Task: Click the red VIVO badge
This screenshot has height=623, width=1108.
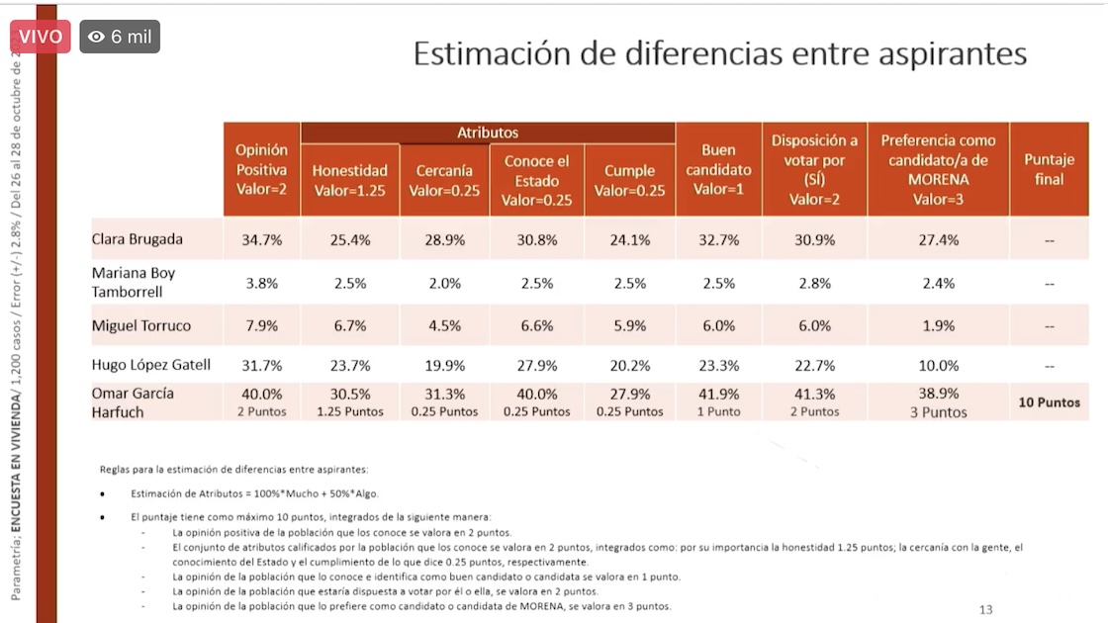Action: click(x=40, y=37)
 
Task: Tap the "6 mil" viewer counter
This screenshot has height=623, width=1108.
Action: click(x=120, y=37)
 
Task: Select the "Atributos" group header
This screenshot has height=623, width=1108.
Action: click(x=488, y=133)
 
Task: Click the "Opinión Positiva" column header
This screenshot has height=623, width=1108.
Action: click(x=261, y=169)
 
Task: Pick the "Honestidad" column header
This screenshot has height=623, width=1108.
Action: click(x=349, y=180)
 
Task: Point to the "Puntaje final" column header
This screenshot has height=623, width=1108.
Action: click(x=1049, y=169)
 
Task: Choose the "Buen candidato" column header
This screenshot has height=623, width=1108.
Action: click(x=718, y=169)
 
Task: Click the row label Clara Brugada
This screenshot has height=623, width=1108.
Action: click(x=138, y=239)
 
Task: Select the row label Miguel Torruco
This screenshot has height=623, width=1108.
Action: click(x=141, y=325)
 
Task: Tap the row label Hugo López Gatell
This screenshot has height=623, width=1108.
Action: click(x=151, y=365)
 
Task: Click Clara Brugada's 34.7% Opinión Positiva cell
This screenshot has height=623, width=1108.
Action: click(x=262, y=240)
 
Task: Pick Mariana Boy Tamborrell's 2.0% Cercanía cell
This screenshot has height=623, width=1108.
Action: click(x=444, y=283)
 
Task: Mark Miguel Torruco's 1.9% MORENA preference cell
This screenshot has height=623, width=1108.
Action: click(x=938, y=325)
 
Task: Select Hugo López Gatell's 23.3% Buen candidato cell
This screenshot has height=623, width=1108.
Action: click(x=718, y=365)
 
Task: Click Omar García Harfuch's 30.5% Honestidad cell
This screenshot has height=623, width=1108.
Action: click(x=349, y=394)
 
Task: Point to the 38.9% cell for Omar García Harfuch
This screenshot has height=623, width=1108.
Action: click(x=938, y=394)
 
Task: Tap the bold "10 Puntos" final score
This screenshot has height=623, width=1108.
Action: click(x=1049, y=402)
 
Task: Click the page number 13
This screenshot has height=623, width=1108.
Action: click(x=985, y=609)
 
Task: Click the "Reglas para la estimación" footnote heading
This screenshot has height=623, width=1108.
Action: click(x=233, y=469)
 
